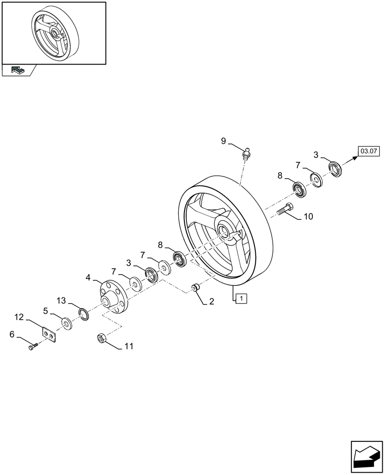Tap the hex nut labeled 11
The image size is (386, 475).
102,338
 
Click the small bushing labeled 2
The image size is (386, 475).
195,288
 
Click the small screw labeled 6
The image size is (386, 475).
32,347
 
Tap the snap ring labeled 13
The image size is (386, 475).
84,314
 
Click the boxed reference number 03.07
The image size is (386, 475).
368,152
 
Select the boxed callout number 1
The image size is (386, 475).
241,298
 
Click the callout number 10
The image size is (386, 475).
308,217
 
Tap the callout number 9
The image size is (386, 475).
223,141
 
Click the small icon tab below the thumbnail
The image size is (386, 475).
17,70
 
